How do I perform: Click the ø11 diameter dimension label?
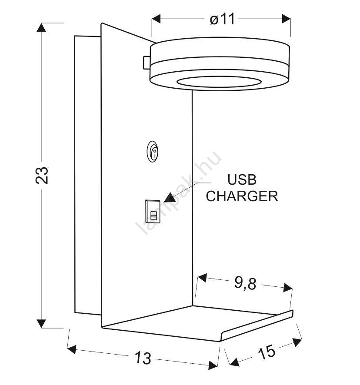click(x=222, y=20)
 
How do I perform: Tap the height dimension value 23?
click(x=42, y=175)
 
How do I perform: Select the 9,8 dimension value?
click(x=245, y=283)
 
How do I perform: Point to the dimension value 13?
click(x=143, y=358)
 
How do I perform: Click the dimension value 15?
click(x=267, y=352)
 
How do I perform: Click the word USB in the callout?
click(x=242, y=180)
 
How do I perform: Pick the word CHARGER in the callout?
click(x=242, y=196)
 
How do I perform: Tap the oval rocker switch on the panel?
click(x=152, y=152)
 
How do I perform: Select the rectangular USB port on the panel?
click(x=153, y=212)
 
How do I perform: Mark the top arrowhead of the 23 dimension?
click(x=41, y=27)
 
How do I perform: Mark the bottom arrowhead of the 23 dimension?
click(x=41, y=324)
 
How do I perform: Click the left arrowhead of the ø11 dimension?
click(x=156, y=19)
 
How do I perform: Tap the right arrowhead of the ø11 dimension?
click(x=286, y=19)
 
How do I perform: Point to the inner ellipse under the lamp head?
click(x=219, y=82)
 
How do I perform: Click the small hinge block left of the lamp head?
click(x=147, y=63)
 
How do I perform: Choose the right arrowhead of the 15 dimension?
click(x=297, y=342)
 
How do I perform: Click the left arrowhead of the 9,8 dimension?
click(x=202, y=278)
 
